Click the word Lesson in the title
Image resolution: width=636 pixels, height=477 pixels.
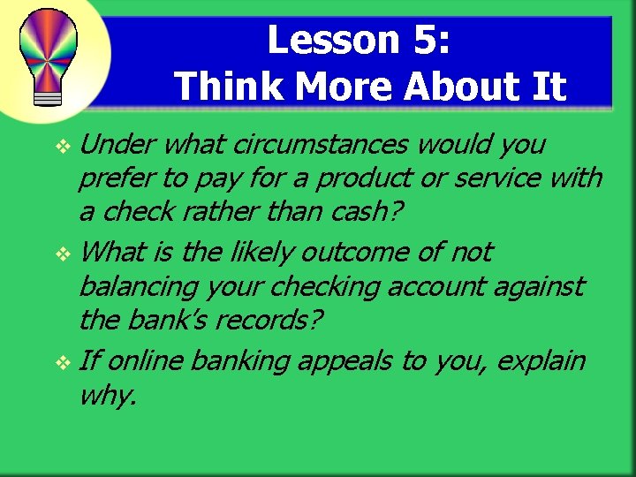point(322,40)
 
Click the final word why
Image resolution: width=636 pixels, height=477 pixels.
point(107,396)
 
